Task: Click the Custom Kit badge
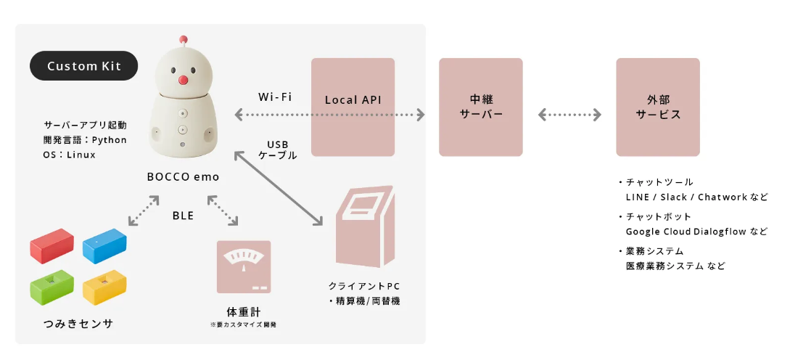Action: point(83,66)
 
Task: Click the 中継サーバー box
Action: point(480,107)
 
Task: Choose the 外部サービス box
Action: point(658,107)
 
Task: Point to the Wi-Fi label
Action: point(275,97)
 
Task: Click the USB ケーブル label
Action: point(278,150)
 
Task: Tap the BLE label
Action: point(183,215)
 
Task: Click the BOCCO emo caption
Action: point(183,176)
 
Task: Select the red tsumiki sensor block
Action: point(52,245)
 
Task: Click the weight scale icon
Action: point(243,266)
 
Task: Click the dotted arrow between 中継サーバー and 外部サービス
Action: point(569,115)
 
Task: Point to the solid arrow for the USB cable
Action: point(278,189)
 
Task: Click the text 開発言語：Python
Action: point(85,139)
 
